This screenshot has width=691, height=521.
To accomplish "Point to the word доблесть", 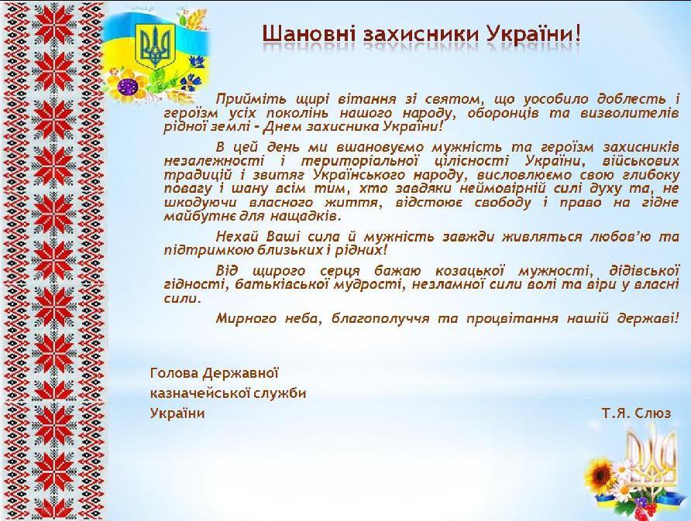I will click(633, 99).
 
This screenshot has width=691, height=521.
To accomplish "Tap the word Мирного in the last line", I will click(246, 318).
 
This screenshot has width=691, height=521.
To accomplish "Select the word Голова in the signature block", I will click(174, 373).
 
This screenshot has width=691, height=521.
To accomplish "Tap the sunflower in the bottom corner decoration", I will click(602, 473).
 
